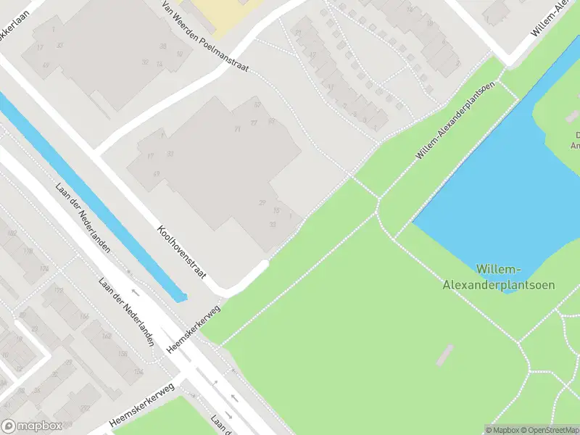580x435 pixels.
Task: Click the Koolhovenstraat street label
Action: pyautogui.click(x=182, y=251)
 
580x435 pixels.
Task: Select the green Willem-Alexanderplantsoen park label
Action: pyautogui.click(x=499, y=277)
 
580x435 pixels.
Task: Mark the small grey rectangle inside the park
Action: pyautogui.click(x=444, y=355)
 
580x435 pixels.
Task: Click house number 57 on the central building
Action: pyautogui.click(x=257, y=106)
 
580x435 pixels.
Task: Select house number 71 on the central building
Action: pyautogui.click(x=237, y=129)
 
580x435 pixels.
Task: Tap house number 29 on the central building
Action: pyautogui.click(x=262, y=203)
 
